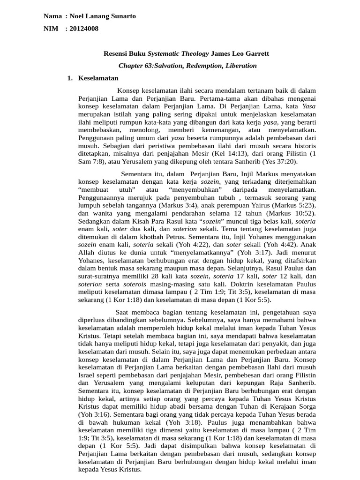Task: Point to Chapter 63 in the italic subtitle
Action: click(x=139, y=66)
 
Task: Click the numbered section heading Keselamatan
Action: click(x=98, y=78)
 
